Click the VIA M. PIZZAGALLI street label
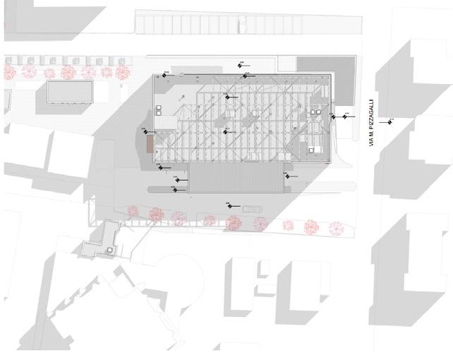pos(371,124)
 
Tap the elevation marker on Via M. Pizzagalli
pos(388,121)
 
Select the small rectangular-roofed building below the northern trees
pos(70,92)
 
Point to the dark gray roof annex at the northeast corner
pos(329,78)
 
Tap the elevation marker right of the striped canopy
pos(286,177)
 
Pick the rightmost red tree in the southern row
pos(337,228)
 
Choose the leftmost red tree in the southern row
pos(133,210)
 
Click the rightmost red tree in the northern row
pos(122,71)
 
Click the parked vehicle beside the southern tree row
pos(251,209)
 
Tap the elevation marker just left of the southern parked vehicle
pos(229,205)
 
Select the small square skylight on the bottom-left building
pos(110,249)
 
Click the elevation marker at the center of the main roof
pos(225,131)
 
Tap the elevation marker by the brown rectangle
pos(145,131)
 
